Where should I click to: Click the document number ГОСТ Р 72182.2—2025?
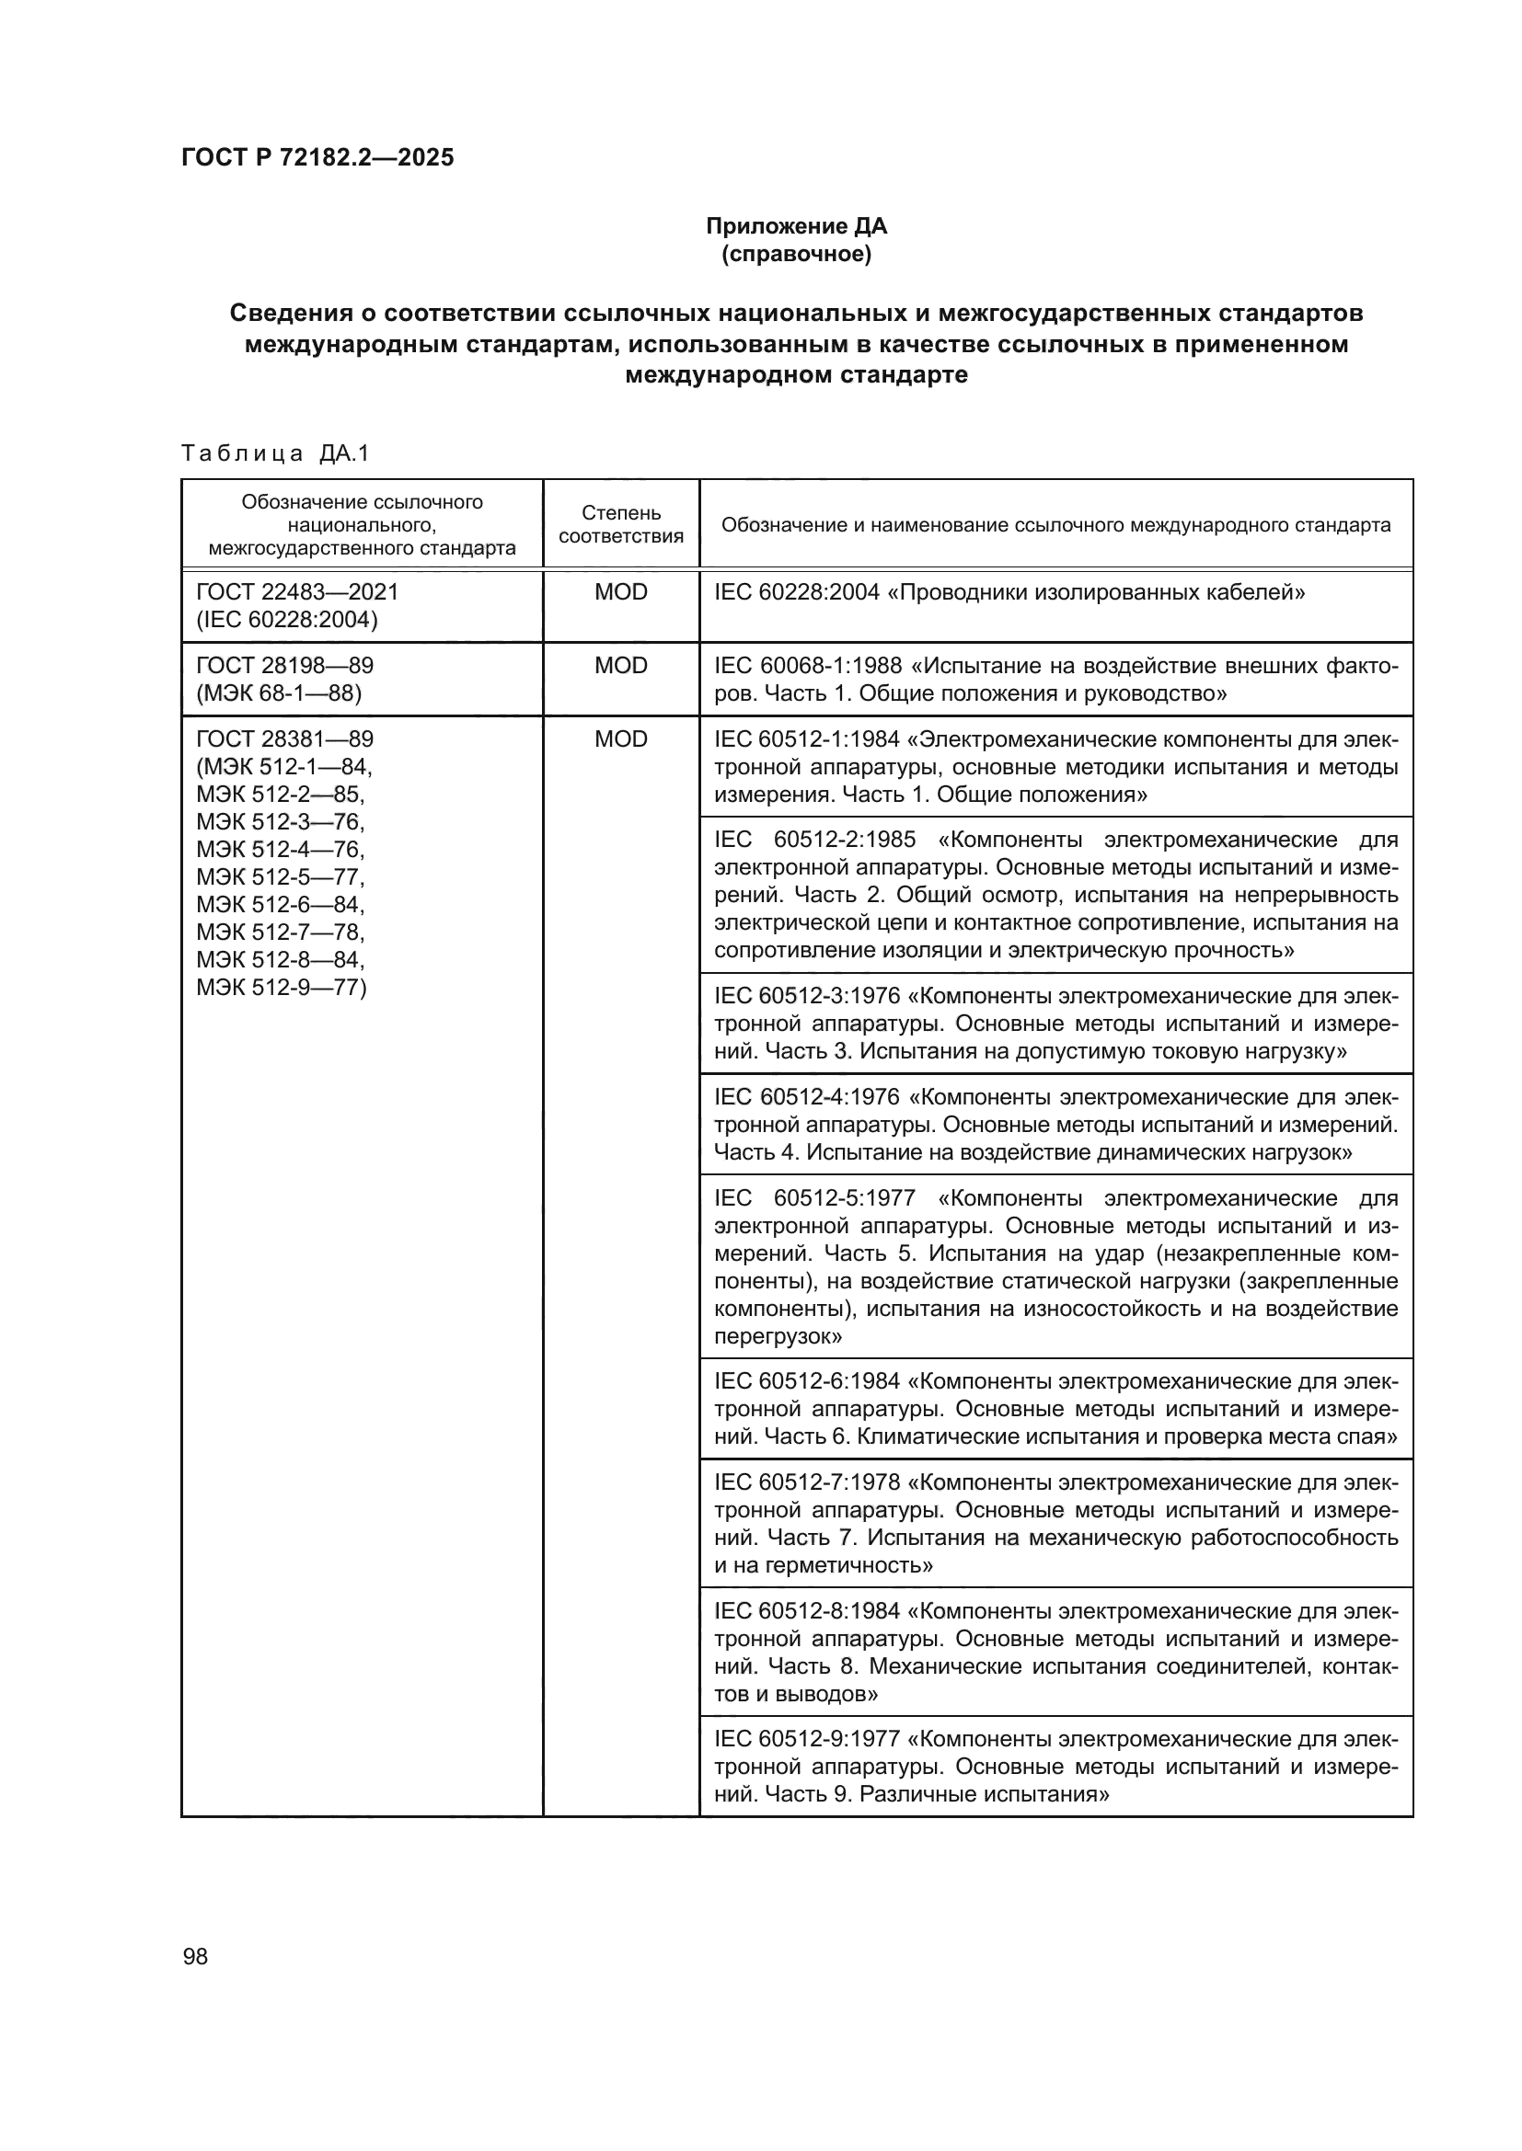coord(317,157)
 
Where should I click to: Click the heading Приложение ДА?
coord(796,226)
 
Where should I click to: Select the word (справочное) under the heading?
coord(796,254)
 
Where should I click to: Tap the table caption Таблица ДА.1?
coord(275,453)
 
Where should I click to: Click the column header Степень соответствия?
coord(620,524)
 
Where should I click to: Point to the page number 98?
coord(195,1956)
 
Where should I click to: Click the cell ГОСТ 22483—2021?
coord(297,592)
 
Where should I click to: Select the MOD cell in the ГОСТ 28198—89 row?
coord(620,666)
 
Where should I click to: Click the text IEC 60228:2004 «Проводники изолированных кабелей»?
coord(1009,592)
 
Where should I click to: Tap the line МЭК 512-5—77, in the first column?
coord(281,877)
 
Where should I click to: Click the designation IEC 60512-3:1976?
coord(807,996)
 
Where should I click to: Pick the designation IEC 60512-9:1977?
coord(807,1739)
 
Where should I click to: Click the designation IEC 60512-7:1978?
coord(807,1482)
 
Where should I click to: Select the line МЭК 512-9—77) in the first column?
coord(282,988)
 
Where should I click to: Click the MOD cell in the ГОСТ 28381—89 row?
coord(620,739)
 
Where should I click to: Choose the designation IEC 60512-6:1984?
coord(807,1381)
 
